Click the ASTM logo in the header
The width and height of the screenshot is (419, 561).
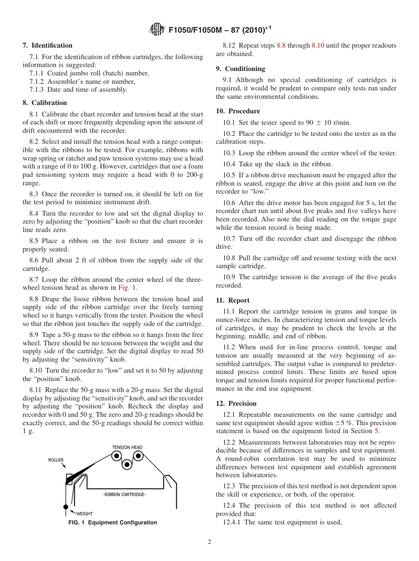click(157, 30)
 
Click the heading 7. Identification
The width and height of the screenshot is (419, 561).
click(48, 45)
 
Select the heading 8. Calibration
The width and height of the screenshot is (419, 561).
click(45, 103)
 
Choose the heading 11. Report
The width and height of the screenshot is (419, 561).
click(232, 300)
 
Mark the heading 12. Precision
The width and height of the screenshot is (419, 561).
click(236, 404)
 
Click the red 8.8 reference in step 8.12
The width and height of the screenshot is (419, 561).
click(281, 45)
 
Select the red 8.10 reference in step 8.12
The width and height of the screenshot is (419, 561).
click(318, 45)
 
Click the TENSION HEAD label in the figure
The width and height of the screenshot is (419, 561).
click(127, 447)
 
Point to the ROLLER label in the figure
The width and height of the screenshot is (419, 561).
click(56, 460)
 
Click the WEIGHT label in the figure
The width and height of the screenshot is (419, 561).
click(84, 513)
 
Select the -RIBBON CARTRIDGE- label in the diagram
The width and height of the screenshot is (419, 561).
click(124, 494)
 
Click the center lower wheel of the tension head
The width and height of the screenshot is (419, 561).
click(127, 464)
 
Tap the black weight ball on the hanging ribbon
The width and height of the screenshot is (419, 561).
click(66, 507)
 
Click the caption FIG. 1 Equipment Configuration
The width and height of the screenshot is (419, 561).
click(112, 523)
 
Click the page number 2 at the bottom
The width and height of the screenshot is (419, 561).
click(209, 542)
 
